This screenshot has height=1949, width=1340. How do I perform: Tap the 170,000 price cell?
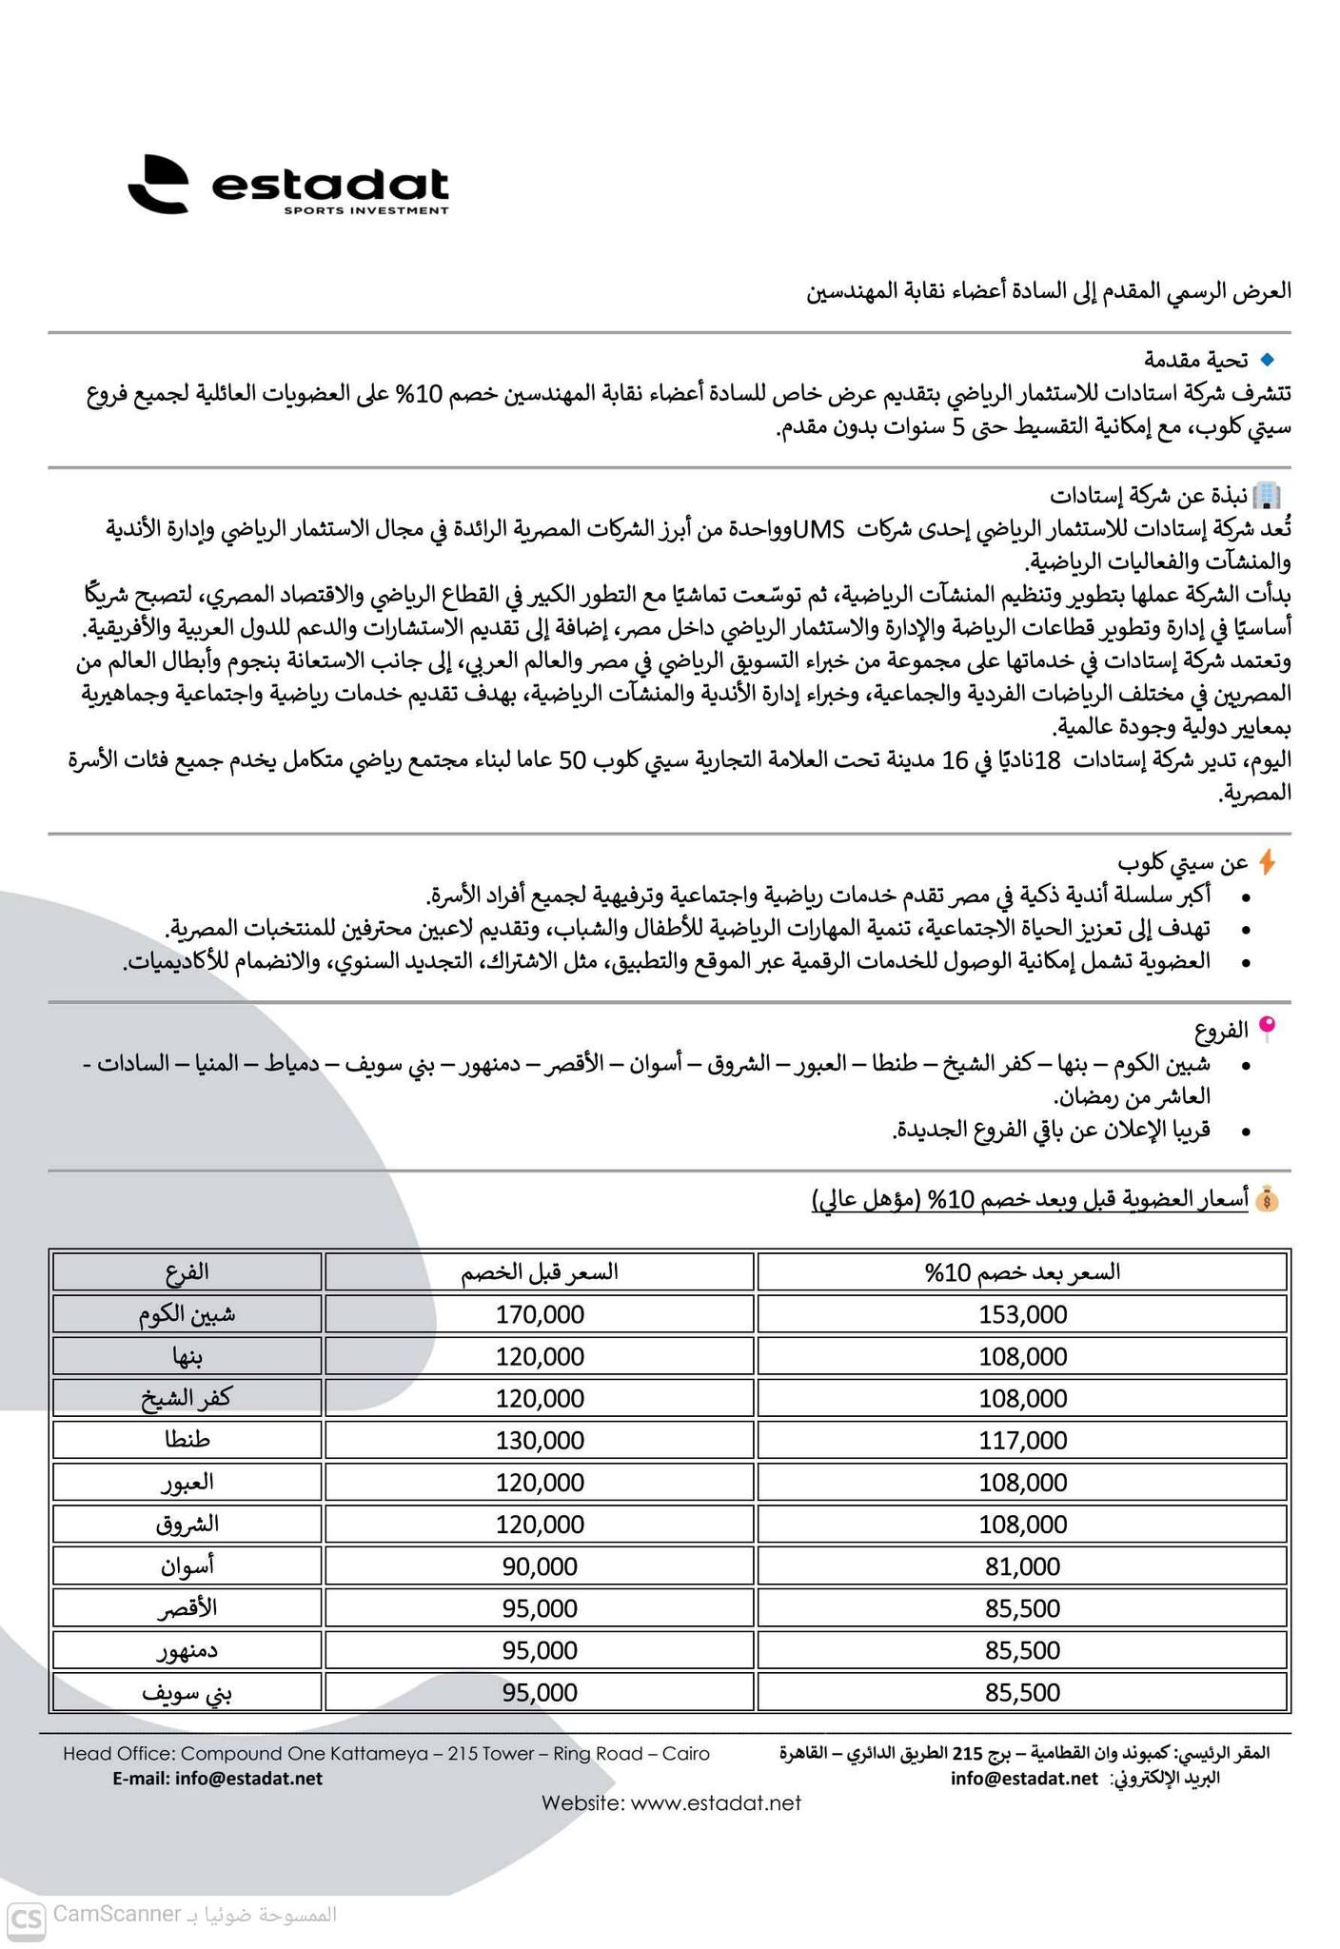point(540,1314)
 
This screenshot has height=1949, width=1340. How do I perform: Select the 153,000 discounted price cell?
point(1023,1314)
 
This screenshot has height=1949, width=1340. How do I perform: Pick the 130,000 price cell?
point(540,1440)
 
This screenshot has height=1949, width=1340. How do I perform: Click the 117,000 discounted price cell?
point(1023,1440)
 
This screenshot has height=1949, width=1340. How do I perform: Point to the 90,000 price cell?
point(540,1565)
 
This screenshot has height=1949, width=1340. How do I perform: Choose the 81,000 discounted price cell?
point(1023,1565)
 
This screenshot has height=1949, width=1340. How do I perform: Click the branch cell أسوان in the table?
point(187,1565)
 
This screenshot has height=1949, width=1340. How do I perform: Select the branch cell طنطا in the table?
point(187,1440)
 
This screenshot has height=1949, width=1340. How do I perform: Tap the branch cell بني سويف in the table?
point(187,1692)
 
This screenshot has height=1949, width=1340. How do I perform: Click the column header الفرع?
point(187,1271)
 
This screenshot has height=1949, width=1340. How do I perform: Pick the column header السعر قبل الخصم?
point(540,1271)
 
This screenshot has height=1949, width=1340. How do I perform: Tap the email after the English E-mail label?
point(249,1778)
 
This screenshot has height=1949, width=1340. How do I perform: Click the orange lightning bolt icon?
point(1267,862)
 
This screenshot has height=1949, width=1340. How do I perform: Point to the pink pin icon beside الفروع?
point(1267,1026)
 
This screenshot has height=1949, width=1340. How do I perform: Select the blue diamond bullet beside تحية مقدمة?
point(1266,360)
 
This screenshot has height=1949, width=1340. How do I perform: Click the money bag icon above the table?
point(1267,1200)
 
